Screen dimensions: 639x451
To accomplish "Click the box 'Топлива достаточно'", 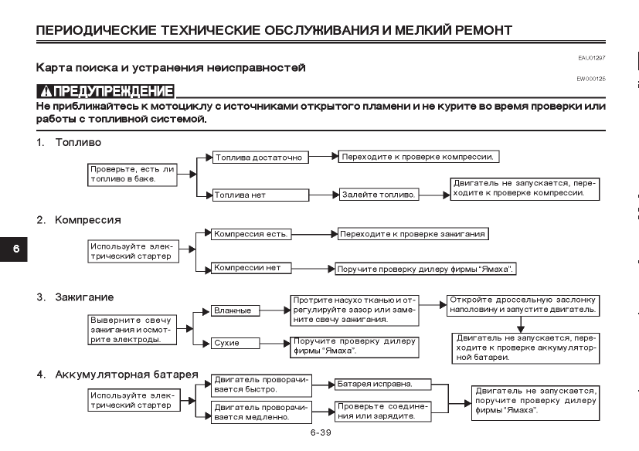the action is click(260, 158).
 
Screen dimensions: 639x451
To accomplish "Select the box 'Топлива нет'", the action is click(260, 195).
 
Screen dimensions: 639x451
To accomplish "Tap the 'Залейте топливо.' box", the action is click(379, 195).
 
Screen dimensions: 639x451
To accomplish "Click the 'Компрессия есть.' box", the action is click(251, 234).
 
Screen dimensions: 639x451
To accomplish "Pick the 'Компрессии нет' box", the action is click(251, 268).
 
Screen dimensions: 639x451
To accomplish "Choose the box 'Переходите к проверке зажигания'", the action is click(413, 234).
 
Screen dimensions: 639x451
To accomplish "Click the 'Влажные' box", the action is click(235, 310).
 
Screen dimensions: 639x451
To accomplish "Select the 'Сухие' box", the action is click(235, 343).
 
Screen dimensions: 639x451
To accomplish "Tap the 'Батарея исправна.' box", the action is click(383, 384).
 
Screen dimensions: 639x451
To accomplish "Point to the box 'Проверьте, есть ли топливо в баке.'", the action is click(132, 175).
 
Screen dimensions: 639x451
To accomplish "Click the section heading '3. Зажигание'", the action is click(75, 297).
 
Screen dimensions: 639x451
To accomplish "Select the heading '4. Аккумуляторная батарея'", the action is click(117, 375).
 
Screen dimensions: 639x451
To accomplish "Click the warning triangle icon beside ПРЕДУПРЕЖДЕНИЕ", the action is click(46, 91).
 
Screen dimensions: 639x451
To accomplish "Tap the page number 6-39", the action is click(321, 432).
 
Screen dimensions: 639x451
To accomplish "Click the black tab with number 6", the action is click(14, 249).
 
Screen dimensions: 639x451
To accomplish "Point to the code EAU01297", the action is click(592, 58).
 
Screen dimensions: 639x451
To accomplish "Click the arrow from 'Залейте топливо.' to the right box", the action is click(434, 195).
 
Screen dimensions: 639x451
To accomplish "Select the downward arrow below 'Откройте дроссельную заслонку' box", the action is click(521, 324).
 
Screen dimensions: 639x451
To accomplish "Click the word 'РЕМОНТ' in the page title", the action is click(484, 30).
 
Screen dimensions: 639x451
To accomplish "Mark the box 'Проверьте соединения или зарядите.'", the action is click(383, 412).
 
